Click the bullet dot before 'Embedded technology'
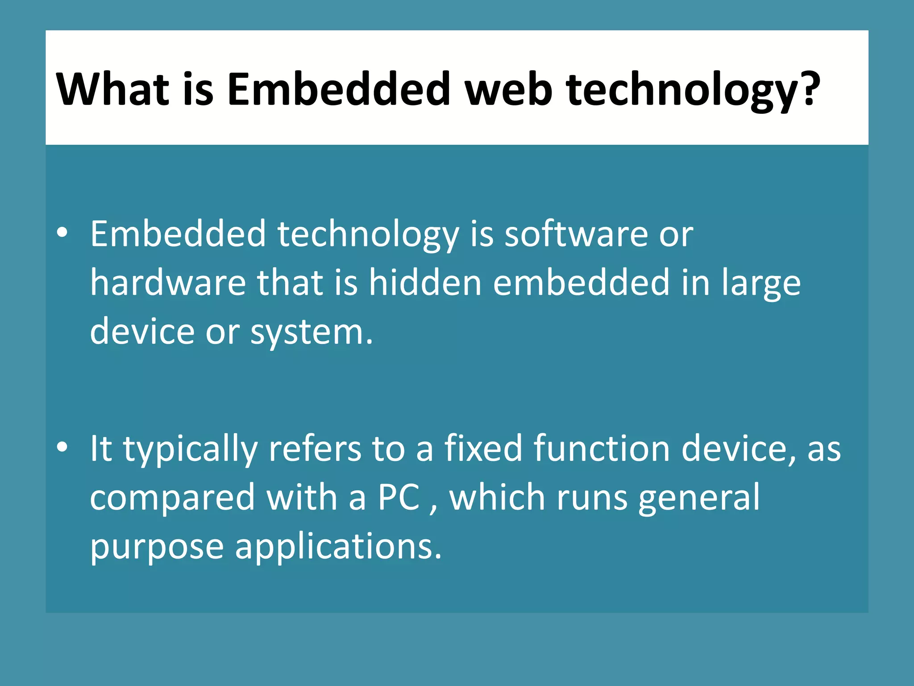click(x=62, y=233)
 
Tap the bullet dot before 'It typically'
click(x=62, y=447)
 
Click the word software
click(x=576, y=234)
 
